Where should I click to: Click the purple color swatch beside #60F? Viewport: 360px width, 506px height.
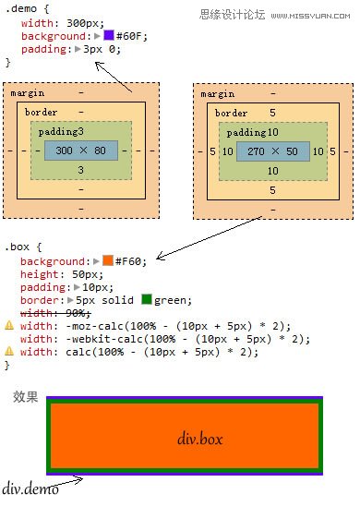108,35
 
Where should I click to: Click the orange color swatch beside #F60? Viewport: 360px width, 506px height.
108,261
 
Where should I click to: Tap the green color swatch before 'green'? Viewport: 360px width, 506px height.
146,299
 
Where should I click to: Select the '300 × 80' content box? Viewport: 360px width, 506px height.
81,151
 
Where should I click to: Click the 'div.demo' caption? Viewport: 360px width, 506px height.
30,488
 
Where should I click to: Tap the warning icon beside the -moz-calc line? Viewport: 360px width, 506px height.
9,325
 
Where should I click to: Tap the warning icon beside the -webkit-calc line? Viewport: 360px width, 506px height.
9,338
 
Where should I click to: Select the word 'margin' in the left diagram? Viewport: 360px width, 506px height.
27,93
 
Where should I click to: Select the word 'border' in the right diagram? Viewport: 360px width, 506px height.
231,113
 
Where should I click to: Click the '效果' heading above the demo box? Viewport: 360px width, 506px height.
26,397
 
